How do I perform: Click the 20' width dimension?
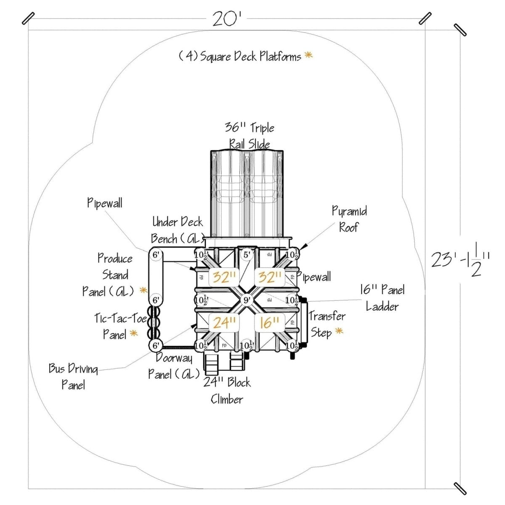(228, 19)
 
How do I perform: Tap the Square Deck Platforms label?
(240, 56)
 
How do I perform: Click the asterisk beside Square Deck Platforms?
(309, 55)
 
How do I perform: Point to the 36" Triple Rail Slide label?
(250, 136)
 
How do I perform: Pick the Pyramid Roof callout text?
(349, 219)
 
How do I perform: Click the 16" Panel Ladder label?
(382, 298)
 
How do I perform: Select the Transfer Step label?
(327, 324)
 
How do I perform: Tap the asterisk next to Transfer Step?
(339, 332)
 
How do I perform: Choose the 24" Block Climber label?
(227, 391)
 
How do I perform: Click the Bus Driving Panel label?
(73, 377)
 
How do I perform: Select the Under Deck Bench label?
(177, 230)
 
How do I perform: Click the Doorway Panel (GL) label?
(173, 366)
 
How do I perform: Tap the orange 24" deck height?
(224, 323)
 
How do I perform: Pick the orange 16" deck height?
(269, 323)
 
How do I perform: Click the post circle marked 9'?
(247, 300)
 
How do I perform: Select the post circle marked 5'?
(247, 255)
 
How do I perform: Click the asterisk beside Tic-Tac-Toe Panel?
(134, 334)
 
